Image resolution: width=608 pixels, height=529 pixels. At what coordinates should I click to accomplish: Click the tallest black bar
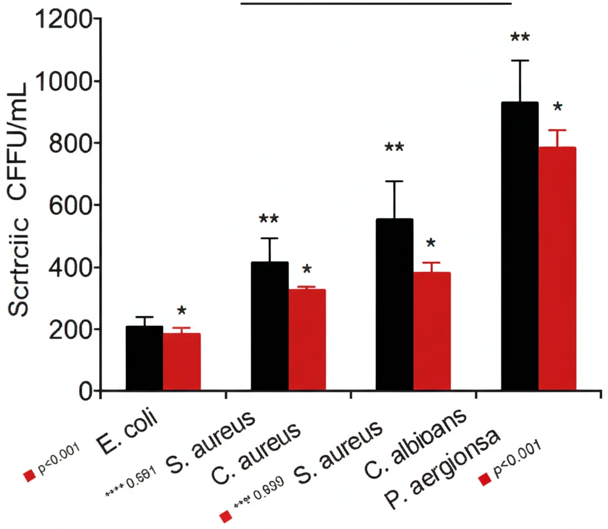coord(520,246)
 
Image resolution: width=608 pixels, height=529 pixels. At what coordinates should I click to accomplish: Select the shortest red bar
coord(182,362)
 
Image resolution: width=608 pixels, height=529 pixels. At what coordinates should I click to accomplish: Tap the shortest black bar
coord(144,359)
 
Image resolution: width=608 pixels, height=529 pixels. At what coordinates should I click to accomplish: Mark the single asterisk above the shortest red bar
coord(182,312)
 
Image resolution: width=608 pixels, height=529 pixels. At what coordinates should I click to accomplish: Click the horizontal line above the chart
coord(376,3)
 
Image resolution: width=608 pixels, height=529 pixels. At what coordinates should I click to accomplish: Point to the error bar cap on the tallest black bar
coord(520,61)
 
